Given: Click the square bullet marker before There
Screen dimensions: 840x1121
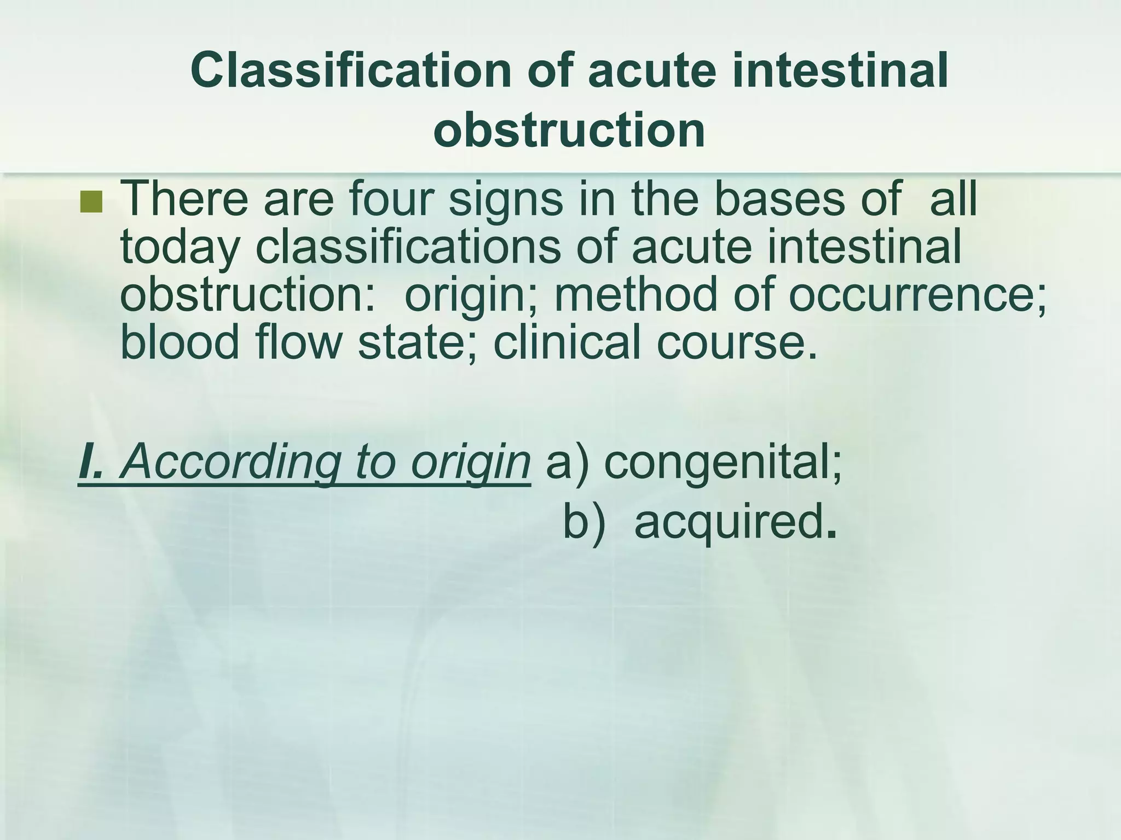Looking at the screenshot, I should coord(91,202).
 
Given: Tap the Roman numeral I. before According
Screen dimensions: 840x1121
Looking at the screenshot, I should coord(90,463).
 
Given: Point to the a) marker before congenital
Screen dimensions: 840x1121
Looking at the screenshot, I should coord(567,463).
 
